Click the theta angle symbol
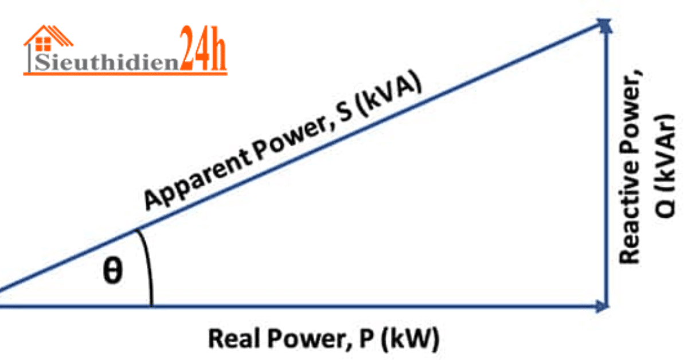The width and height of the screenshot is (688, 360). tap(112, 271)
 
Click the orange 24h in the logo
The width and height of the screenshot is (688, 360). tap(204, 50)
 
